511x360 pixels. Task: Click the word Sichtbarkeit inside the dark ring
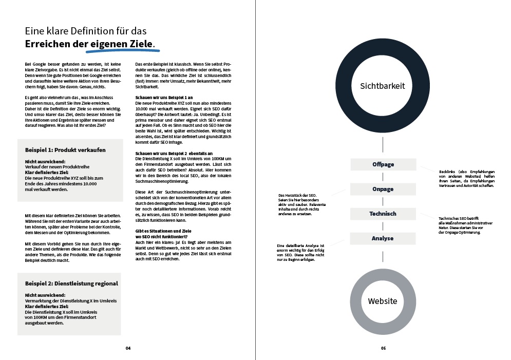(x=383, y=86)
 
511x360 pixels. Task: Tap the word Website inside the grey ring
(x=383, y=301)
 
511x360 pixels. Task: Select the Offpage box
(x=383, y=164)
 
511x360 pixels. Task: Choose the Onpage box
(x=383, y=189)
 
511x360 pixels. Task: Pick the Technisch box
(x=383, y=214)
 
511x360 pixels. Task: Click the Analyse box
(x=383, y=238)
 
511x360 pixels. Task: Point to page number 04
(x=128, y=348)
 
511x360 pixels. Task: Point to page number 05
(x=383, y=348)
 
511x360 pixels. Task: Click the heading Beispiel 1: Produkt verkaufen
(x=65, y=150)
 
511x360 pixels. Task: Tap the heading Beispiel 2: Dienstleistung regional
(x=71, y=283)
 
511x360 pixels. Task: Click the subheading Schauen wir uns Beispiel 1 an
(x=164, y=97)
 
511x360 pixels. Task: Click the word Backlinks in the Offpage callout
(x=448, y=172)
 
